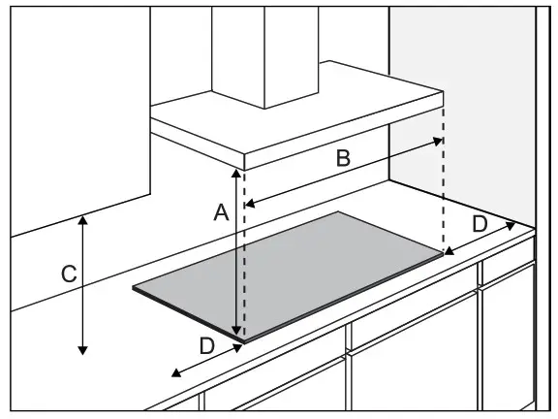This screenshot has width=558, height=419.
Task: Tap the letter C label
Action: (x=68, y=274)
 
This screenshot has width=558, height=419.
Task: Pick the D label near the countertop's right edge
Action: (x=480, y=224)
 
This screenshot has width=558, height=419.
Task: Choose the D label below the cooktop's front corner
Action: (x=205, y=344)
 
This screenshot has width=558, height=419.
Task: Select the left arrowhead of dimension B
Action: (x=247, y=205)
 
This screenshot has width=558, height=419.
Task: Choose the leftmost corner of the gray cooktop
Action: (x=135, y=288)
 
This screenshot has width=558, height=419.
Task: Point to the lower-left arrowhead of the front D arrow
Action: (x=173, y=374)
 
